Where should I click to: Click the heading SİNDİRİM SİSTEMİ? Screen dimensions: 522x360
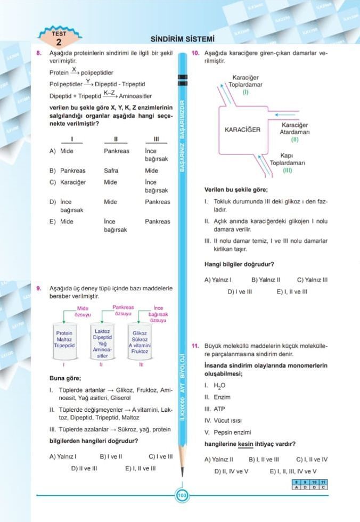tap(182, 39)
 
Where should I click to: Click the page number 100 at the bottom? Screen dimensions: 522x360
tap(182, 496)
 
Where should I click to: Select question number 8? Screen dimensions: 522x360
tap(39, 54)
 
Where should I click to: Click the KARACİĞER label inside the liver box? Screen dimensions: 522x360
tap(242, 129)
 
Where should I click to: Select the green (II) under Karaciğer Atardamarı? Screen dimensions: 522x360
tap(294, 140)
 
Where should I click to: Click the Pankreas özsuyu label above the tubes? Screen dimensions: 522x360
tap(124, 311)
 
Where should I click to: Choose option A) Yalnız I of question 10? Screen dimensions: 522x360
tap(218, 280)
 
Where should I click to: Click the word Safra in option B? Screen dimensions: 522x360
tap(111, 171)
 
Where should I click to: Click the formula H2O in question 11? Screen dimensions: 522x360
tap(219, 386)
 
